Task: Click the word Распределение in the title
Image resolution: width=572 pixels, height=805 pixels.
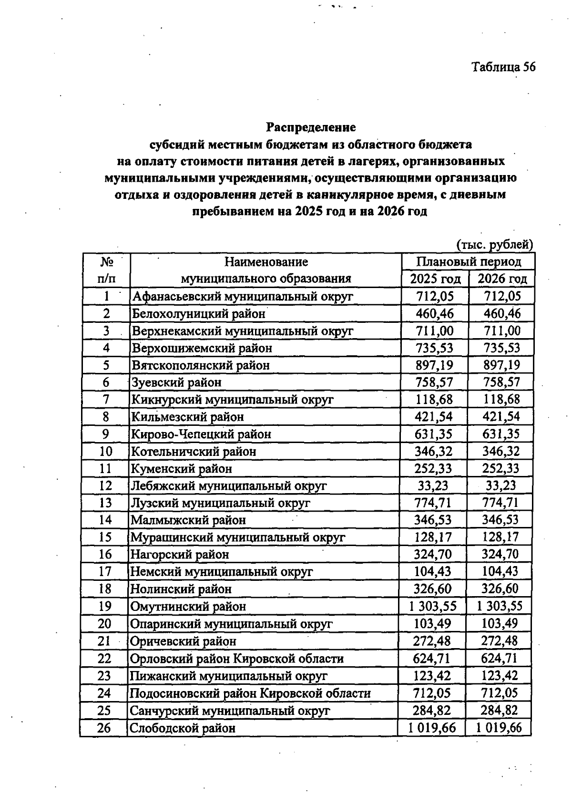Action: click(311, 127)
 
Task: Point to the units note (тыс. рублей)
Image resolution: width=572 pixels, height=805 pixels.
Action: click(494, 245)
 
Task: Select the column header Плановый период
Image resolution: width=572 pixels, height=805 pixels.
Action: click(469, 262)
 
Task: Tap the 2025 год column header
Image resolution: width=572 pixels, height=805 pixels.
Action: click(435, 279)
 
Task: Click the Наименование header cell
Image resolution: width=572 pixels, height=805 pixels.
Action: click(266, 262)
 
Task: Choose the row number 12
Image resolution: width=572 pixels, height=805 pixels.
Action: click(105, 485)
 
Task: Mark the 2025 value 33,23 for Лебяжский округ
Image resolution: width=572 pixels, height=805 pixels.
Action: click(432, 485)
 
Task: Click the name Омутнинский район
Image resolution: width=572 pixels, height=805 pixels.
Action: click(188, 607)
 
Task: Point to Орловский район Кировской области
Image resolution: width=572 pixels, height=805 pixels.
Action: click(237, 659)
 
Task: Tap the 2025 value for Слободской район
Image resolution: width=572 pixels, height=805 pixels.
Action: click(432, 728)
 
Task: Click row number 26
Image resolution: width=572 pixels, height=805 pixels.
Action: click(104, 728)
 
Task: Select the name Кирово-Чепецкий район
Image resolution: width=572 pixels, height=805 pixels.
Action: click(201, 434)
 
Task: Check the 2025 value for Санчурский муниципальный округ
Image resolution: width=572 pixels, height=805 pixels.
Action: click(432, 711)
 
